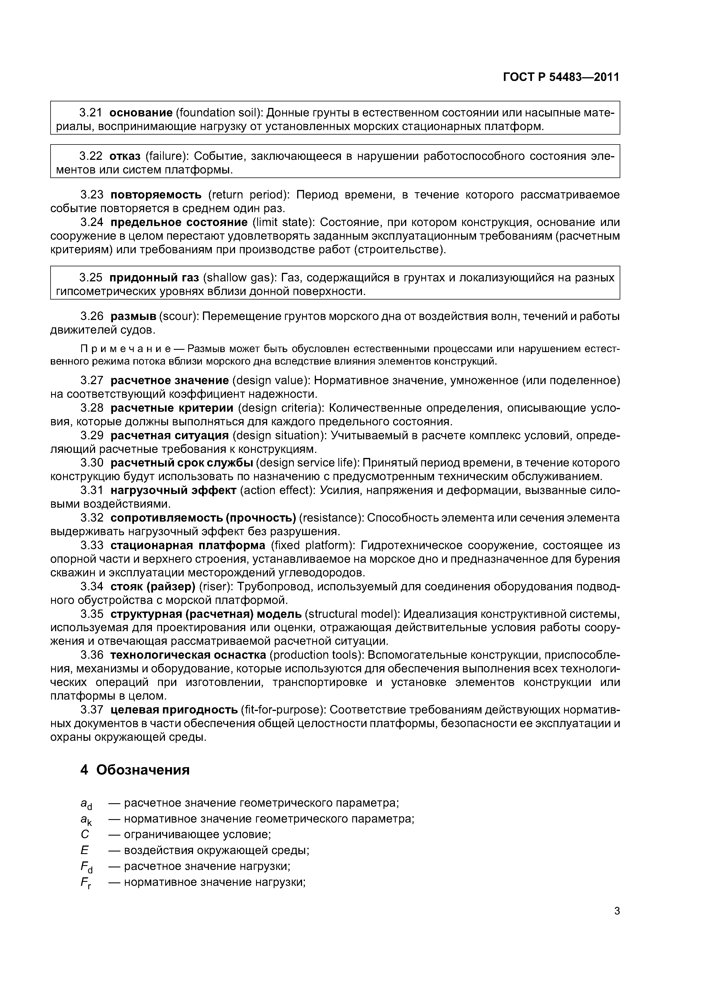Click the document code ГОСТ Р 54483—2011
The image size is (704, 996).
(561, 77)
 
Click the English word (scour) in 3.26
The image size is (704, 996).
(179, 317)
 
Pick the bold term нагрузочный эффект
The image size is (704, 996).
(173, 491)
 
